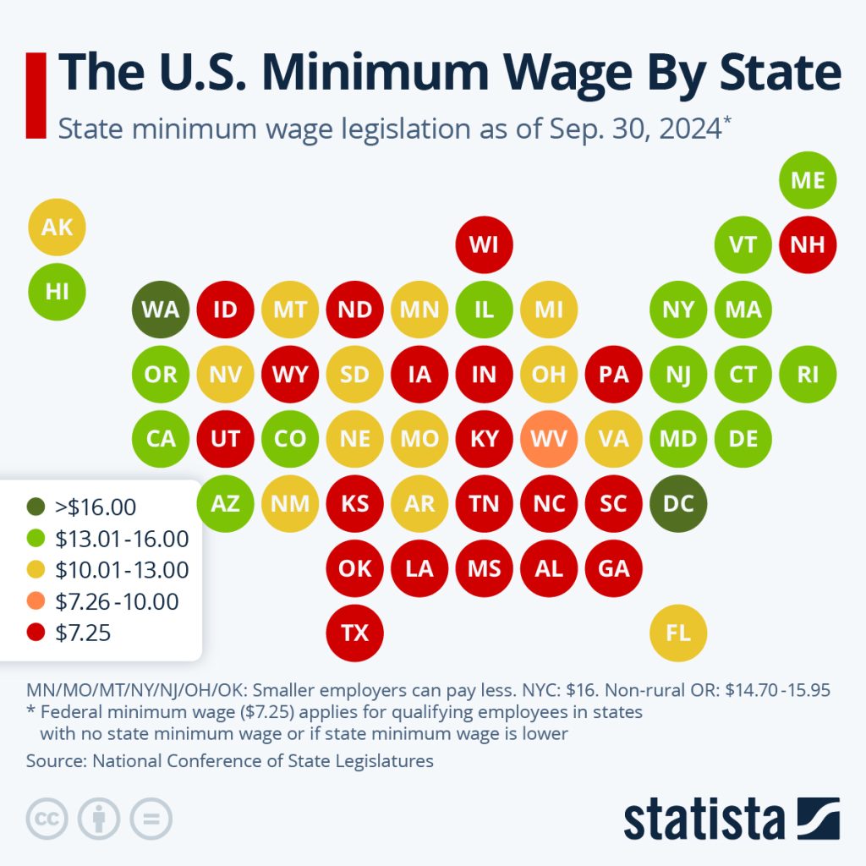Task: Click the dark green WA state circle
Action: point(161,309)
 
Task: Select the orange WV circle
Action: point(549,438)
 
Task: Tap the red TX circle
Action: point(354,632)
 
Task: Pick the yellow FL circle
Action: point(678,632)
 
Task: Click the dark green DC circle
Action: point(678,503)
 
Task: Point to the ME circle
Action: point(808,179)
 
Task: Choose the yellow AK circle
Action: point(57,227)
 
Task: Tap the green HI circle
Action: point(57,292)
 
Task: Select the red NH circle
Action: point(808,244)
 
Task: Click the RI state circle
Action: point(808,374)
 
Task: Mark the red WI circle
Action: point(484,244)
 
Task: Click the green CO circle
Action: point(290,438)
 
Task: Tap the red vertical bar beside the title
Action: point(35,95)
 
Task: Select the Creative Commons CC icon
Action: point(47,818)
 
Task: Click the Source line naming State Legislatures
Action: point(230,760)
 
